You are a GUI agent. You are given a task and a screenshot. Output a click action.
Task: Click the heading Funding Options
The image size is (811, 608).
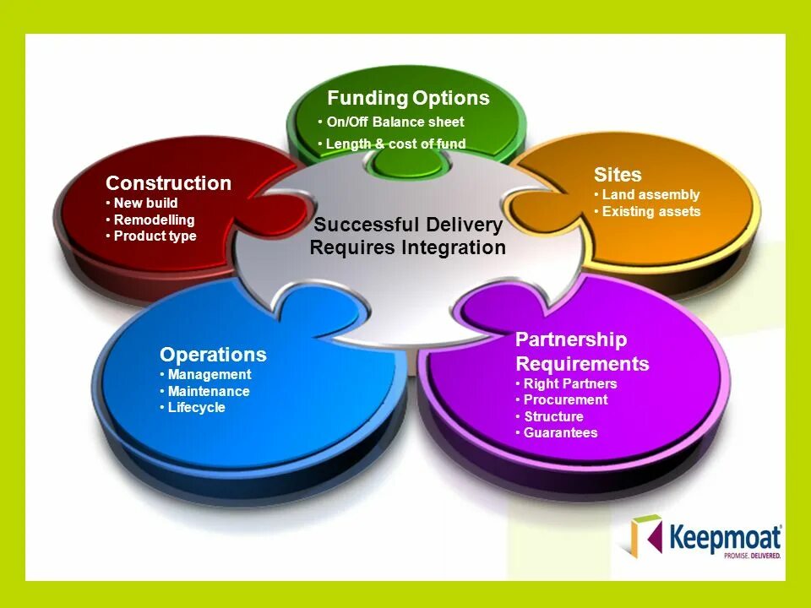click(408, 98)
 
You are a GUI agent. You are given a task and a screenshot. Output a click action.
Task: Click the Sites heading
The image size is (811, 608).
click(618, 175)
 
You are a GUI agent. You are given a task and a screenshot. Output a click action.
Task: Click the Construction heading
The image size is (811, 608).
click(168, 183)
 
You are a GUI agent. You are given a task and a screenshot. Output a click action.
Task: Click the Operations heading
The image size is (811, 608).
click(213, 355)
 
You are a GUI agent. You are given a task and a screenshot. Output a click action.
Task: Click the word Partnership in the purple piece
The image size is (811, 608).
click(571, 339)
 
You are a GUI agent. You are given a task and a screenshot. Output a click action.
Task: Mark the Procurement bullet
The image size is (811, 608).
click(565, 399)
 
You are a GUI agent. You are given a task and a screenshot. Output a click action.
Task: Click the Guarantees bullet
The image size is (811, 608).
click(560, 432)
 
